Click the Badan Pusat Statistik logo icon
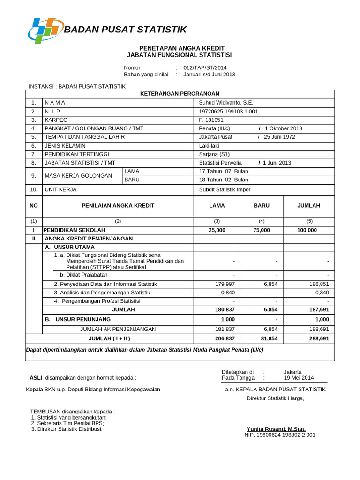(x=45, y=30)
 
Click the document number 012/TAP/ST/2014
(x=204, y=67)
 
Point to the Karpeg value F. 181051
(x=211, y=120)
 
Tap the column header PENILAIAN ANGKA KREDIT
(x=118, y=206)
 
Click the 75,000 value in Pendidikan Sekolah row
(x=262, y=230)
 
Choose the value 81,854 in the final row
(x=262, y=338)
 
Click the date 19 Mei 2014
(x=299, y=377)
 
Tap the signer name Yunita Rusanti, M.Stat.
(x=276, y=429)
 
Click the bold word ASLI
(x=36, y=377)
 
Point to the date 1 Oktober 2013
(x=284, y=128)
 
